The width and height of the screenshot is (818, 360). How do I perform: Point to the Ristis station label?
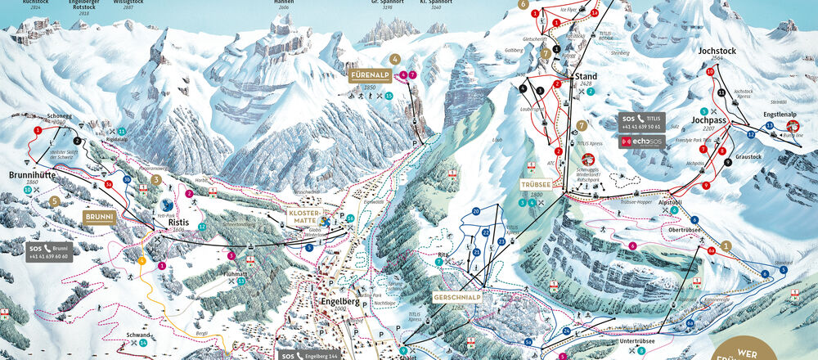pos(179,222)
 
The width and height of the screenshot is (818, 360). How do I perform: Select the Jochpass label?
pos(708,119)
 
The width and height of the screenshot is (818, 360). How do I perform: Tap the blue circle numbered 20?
pos(475,211)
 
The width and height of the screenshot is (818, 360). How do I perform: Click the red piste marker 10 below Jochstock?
pos(709,72)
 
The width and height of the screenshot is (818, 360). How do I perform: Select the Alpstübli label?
pos(671,201)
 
